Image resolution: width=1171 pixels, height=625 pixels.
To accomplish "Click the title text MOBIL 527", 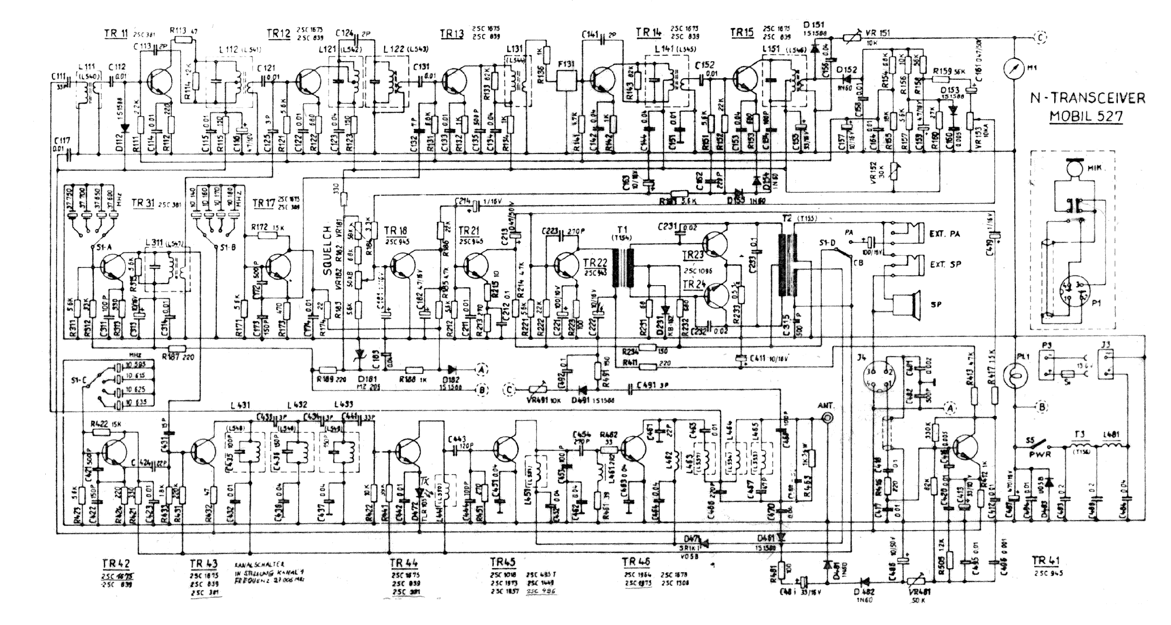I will coord(1086,116).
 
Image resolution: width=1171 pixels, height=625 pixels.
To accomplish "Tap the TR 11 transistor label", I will coord(116,33).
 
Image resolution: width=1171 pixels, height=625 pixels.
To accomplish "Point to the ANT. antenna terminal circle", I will coord(828,418).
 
